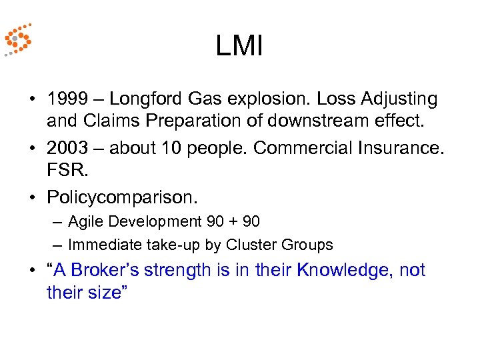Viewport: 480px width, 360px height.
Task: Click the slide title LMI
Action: click(240, 47)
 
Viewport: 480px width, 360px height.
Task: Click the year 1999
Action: click(67, 99)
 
